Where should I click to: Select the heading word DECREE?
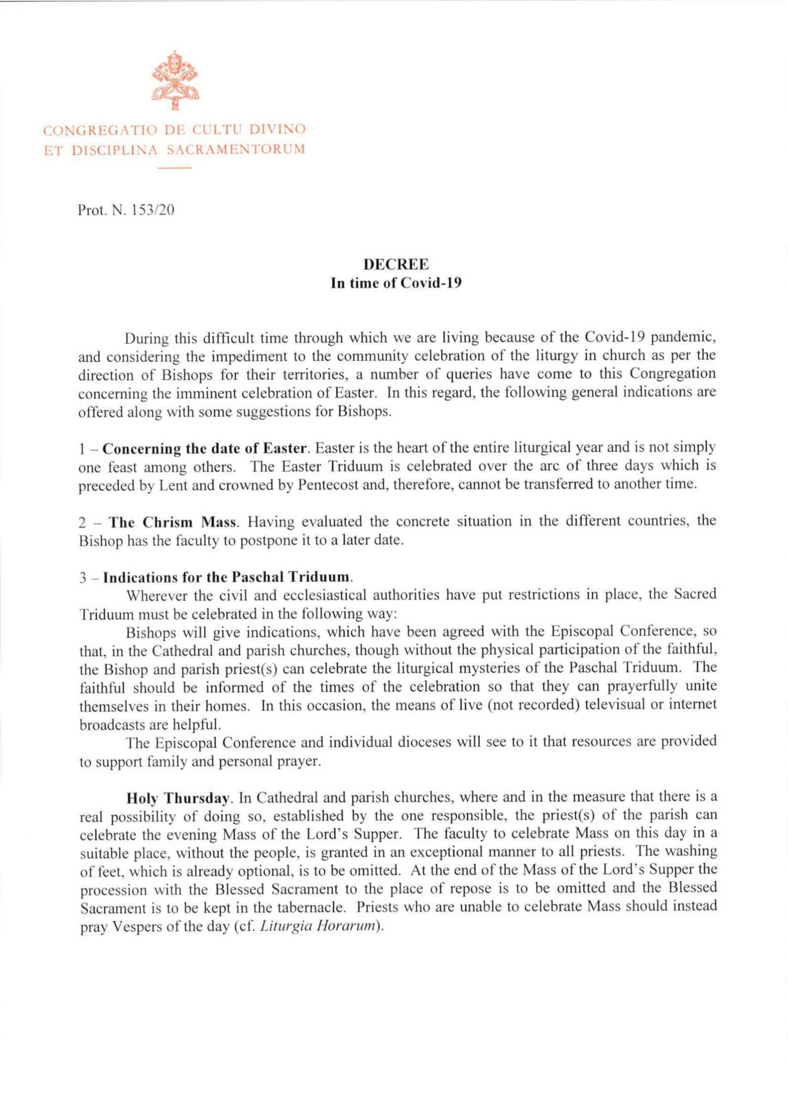coord(396,265)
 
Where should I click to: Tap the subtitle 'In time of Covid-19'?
coord(395,283)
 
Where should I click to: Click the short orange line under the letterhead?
coord(175,168)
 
